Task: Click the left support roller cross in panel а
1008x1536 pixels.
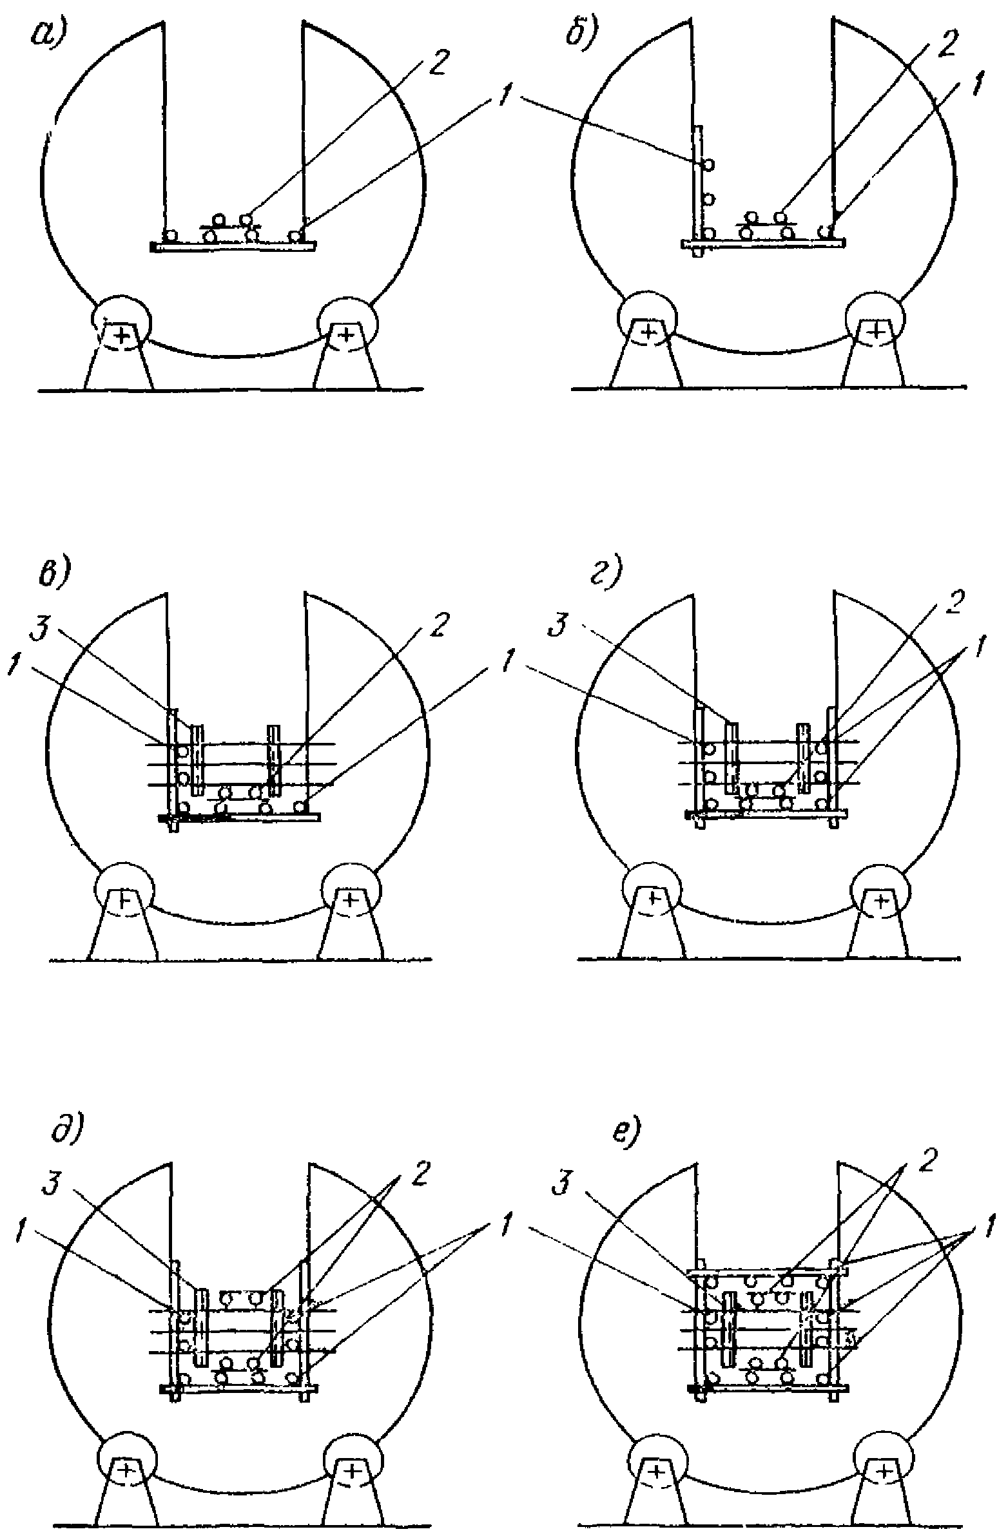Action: [121, 334]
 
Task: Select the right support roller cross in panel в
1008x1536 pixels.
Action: [349, 898]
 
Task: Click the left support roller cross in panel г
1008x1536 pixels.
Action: [652, 898]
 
